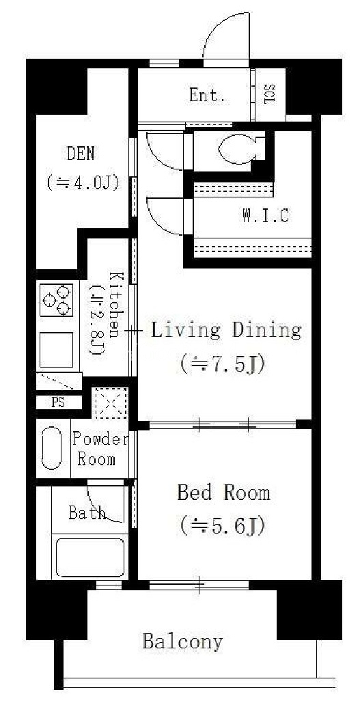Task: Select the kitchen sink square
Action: (57, 350)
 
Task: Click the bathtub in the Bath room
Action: (89, 557)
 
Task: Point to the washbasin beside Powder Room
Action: (51, 448)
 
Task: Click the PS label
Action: (58, 402)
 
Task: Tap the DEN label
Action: (81, 154)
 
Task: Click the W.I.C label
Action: (266, 216)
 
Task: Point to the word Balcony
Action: (182, 642)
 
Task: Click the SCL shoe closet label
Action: (271, 94)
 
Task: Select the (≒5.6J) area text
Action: (221, 525)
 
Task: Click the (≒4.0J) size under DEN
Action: (82, 182)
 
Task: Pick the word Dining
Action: (266, 331)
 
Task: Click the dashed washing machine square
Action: (110, 403)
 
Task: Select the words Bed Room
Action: (223, 493)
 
